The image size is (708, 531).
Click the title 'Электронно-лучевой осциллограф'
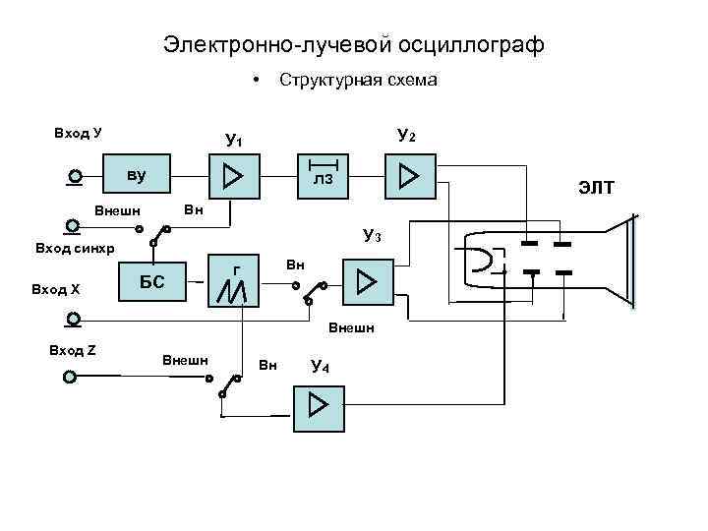click(x=353, y=45)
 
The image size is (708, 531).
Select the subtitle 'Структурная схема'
click(x=358, y=81)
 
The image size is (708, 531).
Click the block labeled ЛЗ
click(x=323, y=175)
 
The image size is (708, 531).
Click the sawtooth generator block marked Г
click(x=236, y=281)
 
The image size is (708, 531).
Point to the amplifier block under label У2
click(x=409, y=176)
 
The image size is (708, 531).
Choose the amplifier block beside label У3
click(x=366, y=283)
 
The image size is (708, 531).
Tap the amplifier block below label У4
click(x=319, y=406)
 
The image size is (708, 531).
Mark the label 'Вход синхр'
click(x=75, y=249)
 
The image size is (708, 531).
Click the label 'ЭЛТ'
click(x=595, y=187)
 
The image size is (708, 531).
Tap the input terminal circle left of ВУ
click(x=75, y=178)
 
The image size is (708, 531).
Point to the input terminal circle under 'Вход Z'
click(x=69, y=377)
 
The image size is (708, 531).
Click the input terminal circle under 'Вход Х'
click(x=72, y=318)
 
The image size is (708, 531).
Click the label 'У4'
click(x=320, y=367)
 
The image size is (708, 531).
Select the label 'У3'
click(x=373, y=236)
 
